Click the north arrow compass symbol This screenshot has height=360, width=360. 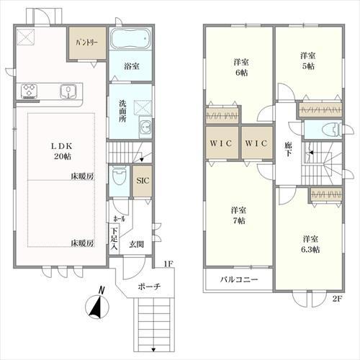click(96, 306)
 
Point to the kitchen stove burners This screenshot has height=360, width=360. click(30, 91)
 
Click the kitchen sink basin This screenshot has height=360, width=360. click(69, 91)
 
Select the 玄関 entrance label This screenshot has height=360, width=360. click(136, 244)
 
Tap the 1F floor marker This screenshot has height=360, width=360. click(168, 264)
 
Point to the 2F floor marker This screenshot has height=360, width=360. click(336, 298)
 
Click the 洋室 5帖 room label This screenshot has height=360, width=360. click(309, 60)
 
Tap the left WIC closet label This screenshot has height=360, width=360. click(220, 143)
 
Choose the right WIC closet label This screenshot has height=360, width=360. click(256, 143)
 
